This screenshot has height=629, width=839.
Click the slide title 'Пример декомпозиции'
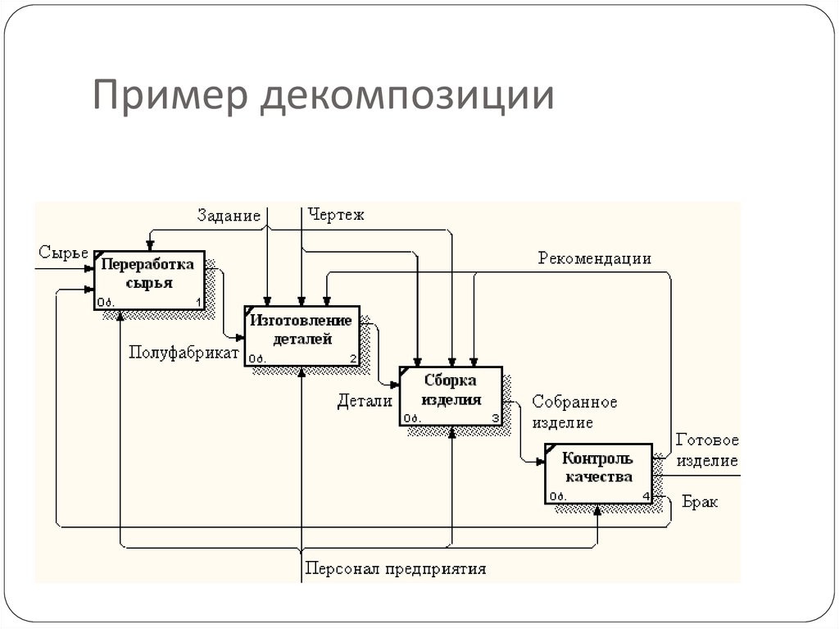(323, 97)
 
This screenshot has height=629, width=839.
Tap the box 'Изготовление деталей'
(302, 335)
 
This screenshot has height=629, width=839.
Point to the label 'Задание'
(229, 216)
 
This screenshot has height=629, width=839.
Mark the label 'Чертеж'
(336, 216)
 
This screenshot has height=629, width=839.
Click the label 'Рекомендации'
(594, 259)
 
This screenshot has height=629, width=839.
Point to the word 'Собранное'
(574, 403)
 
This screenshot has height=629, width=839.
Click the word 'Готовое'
(706, 441)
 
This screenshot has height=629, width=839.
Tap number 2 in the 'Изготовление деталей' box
(353, 358)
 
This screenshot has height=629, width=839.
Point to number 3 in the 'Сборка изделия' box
(495, 418)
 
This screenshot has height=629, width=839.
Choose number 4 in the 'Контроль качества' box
(646, 496)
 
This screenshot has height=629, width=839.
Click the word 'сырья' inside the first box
(148, 283)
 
